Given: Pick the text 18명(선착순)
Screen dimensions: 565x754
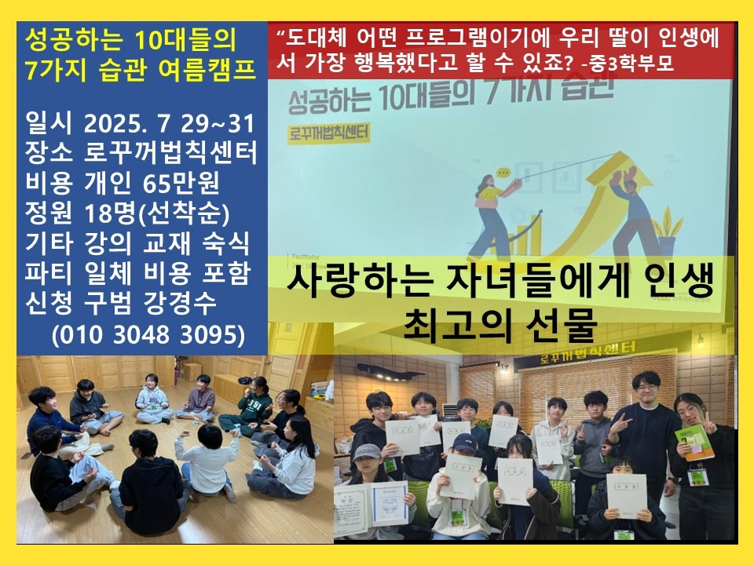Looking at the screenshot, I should pyautogui.click(x=158, y=213).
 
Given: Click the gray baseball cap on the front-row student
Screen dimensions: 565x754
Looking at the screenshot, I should pyautogui.click(x=367, y=453).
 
